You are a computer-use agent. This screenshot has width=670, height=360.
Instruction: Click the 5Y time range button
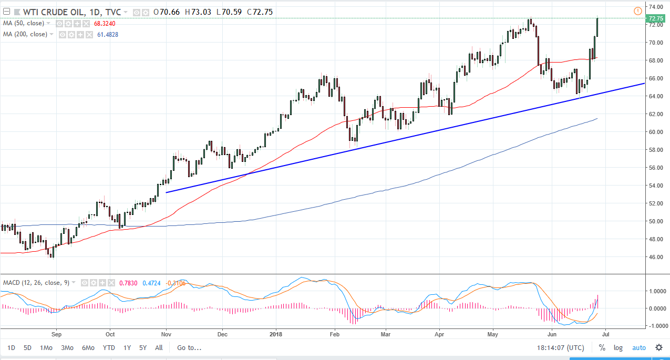coord(143,347)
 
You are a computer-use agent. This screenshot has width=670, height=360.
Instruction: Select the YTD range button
coord(109,347)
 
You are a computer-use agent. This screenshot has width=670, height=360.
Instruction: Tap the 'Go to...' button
coord(189,347)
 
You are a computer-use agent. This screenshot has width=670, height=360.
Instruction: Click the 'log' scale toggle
coord(618,347)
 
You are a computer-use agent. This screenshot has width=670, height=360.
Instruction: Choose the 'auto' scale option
coord(638,347)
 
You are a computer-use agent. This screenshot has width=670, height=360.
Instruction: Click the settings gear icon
coord(658,347)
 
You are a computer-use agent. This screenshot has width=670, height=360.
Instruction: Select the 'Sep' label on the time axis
coord(57,333)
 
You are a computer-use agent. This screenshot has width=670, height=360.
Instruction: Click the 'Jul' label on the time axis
coord(605,333)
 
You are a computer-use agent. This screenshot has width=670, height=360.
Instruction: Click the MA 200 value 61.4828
coord(108,34)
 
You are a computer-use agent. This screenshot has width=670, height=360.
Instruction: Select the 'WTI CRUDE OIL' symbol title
coord(46,12)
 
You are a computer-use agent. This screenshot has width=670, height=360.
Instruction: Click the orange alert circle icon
coord(638,11)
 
